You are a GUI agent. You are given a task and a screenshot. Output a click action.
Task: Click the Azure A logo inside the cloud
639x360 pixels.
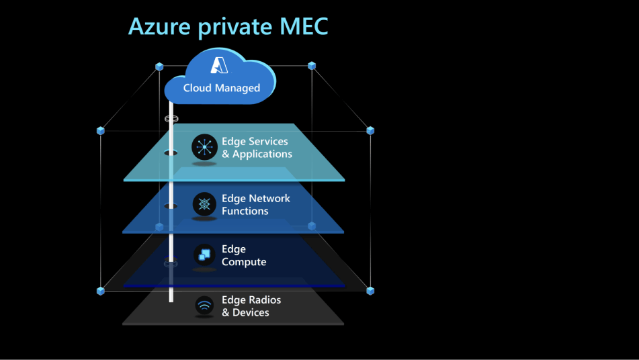(220, 65)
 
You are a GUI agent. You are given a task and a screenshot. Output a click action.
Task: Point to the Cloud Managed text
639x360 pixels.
(221, 88)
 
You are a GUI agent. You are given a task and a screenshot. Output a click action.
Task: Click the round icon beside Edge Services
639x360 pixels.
(204, 147)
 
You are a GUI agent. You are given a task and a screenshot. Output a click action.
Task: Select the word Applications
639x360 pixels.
(262, 154)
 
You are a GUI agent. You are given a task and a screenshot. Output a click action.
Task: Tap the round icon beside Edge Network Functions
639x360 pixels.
(204, 204)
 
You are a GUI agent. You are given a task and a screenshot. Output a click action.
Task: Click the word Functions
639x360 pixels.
(245, 211)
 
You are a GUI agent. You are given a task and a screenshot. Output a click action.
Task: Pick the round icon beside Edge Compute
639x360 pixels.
(204, 255)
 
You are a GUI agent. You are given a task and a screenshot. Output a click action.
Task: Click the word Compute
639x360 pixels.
(244, 262)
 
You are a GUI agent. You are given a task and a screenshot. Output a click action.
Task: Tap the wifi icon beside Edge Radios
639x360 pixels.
(204, 306)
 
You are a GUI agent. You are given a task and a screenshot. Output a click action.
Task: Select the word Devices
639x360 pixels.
(251, 313)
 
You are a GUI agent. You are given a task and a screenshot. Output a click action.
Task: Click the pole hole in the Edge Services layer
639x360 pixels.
(171, 152)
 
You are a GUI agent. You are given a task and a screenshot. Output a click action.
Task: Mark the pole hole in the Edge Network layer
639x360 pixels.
(171, 206)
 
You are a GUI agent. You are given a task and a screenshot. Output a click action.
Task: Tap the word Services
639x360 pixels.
(268, 142)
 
